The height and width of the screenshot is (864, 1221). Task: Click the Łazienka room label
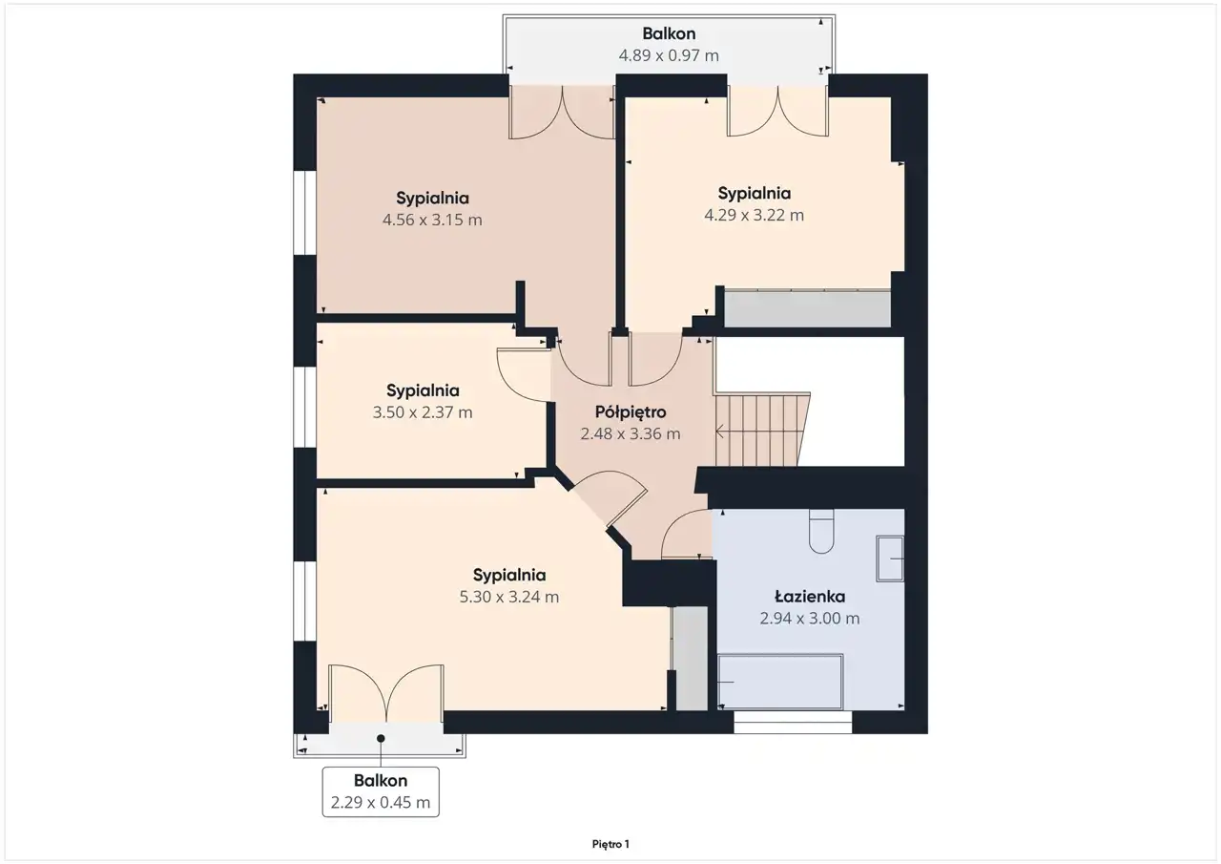coord(810,596)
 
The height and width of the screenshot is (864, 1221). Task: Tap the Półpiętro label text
coord(631,412)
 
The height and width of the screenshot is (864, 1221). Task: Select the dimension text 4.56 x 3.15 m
coord(432,220)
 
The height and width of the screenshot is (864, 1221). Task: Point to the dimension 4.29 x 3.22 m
coord(754,215)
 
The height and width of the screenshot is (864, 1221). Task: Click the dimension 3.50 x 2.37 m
coord(423,412)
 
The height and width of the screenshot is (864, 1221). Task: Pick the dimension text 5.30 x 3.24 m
coord(509,597)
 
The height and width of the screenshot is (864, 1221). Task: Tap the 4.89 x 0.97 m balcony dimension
coord(669,55)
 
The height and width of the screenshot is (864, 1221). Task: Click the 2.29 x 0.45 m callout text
coord(381,802)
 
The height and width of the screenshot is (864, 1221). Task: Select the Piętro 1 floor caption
coord(610,844)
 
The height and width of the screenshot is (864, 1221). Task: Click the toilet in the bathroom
coord(821,531)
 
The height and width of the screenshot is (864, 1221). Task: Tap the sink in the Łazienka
coord(890,558)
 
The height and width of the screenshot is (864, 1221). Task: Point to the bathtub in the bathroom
coord(780,682)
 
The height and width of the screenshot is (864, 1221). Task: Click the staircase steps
coord(762,430)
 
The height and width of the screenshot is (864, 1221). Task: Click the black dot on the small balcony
coord(381,739)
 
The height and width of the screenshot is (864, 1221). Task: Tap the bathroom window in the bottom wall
coord(793,722)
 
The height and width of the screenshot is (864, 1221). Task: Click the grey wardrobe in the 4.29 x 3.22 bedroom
coord(807,308)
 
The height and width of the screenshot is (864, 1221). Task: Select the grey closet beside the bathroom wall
coord(690,659)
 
